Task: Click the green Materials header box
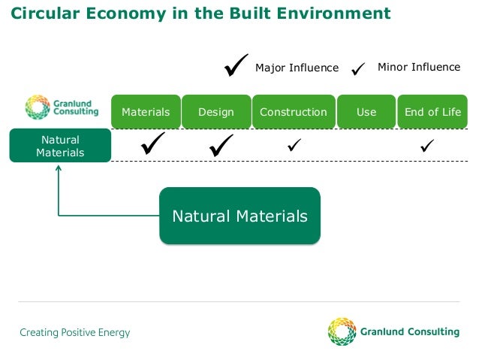(x=146, y=112)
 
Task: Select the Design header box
(x=216, y=112)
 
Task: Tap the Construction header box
(x=294, y=112)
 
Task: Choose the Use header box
(x=366, y=112)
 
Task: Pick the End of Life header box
(x=432, y=112)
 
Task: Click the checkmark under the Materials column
(x=153, y=144)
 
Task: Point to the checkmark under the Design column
(x=221, y=144)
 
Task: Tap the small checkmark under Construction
(x=294, y=144)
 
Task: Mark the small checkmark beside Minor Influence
(x=359, y=68)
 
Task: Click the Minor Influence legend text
(x=419, y=67)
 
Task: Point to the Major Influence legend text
(x=297, y=68)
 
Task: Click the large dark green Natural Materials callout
(x=239, y=216)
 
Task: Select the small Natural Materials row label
(x=60, y=146)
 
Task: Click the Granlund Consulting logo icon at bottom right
(x=342, y=331)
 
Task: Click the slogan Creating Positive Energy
(x=75, y=332)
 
